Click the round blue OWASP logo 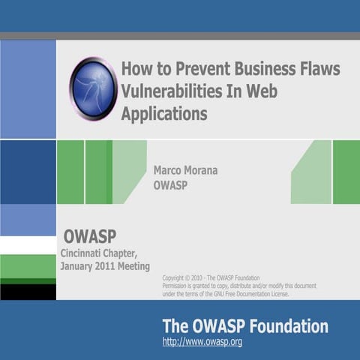click(93, 88)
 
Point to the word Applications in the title click(163, 115)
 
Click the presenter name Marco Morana click(186, 170)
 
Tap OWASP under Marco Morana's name click(170, 185)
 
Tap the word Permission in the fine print click(178, 286)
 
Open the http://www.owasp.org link click(202, 342)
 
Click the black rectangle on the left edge click(28, 291)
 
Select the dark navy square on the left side click(28, 172)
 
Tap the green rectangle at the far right click(346, 172)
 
